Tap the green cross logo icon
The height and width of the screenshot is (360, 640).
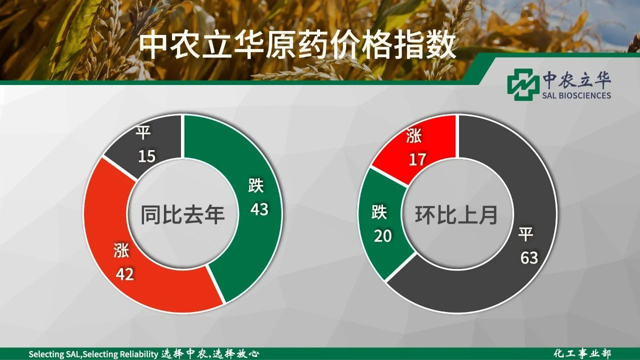pos(521,84)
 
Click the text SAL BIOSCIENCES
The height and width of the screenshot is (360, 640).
pos(576,95)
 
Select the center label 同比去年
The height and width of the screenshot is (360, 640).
pos(182,214)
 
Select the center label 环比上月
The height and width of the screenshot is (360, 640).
pos(456,214)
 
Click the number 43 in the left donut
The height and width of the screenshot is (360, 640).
pos(259,209)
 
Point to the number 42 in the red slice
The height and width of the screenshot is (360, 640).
pos(124,274)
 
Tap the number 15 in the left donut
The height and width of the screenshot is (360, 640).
pos(147,156)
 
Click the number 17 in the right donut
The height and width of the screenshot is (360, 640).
pos(417,159)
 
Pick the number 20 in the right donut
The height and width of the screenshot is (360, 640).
pos(383,236)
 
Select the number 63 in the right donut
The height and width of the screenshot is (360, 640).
pos(529,257)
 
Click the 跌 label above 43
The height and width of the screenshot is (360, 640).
pos(255,185)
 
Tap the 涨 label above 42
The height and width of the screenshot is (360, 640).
pos(121,250)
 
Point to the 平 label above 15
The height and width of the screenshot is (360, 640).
pos(143,132)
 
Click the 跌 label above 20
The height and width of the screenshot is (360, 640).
pos(379,212)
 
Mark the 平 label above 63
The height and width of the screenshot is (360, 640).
pos(525,234)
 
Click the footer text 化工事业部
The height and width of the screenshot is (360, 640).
pos(582,353)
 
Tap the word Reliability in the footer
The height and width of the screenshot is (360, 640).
pos(138,354)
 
